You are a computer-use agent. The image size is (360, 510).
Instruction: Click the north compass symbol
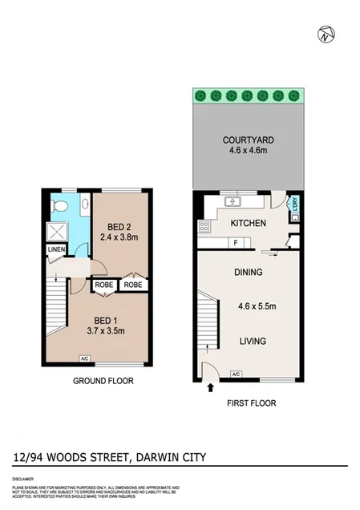325,34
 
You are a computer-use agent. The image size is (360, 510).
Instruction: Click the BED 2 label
115,225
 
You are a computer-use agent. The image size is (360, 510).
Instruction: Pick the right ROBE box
133,284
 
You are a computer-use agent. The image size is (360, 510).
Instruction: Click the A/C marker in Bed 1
85,358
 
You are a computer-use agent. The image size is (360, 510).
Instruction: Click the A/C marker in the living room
236,374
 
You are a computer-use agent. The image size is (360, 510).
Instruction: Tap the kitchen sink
234,201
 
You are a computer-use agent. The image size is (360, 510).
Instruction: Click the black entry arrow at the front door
211,388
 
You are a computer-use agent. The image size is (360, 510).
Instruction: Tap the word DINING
249,273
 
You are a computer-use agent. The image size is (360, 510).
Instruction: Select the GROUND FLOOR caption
103,381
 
